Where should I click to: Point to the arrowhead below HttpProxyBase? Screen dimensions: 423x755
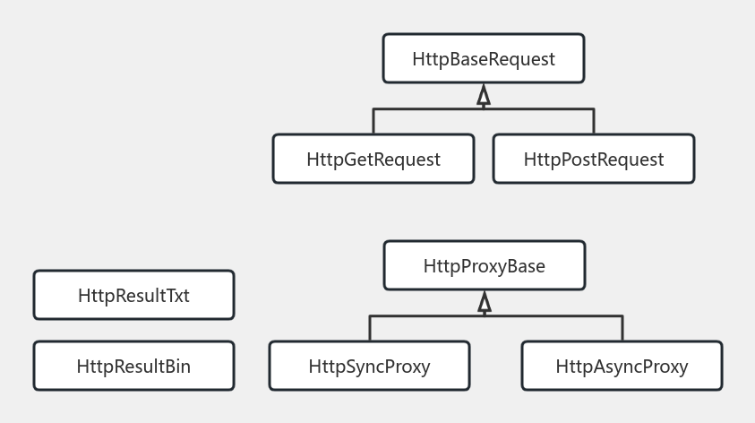point(485,303)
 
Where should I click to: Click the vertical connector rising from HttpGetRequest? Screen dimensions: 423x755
point(373,121)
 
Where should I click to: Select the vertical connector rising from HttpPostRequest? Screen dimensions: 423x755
point(594,121)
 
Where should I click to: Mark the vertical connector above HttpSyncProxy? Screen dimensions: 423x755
point(370,328)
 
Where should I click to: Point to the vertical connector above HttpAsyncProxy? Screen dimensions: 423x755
point(622,328)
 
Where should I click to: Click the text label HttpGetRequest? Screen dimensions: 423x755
point(373,160)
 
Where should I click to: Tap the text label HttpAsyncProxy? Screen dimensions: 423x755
point(622,366)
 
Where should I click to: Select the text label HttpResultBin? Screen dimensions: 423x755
point(133,366)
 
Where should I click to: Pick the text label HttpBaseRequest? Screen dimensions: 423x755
point(484,59)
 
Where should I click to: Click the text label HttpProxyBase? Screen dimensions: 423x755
point(485,266)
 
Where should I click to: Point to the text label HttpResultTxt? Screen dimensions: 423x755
point(133,296)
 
